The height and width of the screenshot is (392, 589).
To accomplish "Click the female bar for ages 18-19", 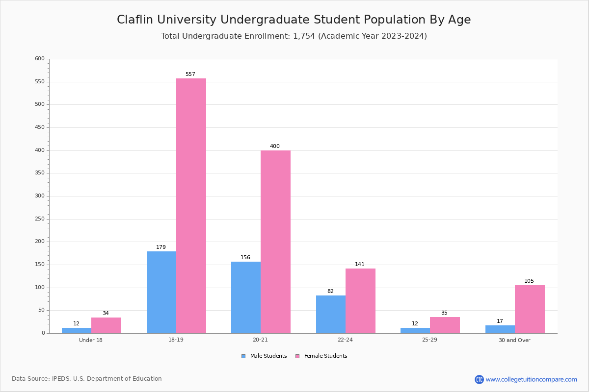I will [191, 206].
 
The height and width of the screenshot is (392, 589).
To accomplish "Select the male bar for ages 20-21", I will [246, 297].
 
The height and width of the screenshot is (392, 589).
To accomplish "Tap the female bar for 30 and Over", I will [530, 309].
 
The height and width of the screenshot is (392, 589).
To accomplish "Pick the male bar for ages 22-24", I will [331, 314].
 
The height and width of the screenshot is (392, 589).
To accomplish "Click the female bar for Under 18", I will [106, 325].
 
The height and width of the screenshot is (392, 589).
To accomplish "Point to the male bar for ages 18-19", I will [161, 292].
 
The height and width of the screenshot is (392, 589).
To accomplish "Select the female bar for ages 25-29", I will [445, 325].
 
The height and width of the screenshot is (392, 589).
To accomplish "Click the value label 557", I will [190, 74].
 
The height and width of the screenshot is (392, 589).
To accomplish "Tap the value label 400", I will [275, 147].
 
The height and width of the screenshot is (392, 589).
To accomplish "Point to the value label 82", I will [330, 292].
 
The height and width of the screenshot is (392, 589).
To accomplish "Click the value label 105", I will [529, 281].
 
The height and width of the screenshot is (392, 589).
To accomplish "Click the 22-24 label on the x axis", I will [345, 340].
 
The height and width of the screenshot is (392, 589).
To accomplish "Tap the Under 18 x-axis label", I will [91, 340].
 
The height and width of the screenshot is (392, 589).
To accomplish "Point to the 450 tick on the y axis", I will [40, 127].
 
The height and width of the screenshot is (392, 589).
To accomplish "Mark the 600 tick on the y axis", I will [40, 59].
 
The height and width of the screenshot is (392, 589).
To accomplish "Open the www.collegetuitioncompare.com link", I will [531, 379].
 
